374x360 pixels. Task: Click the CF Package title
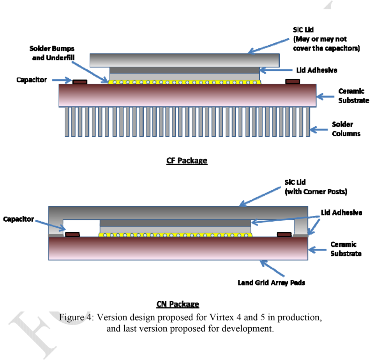tap(187, 161)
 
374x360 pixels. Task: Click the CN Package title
tap(178, 304)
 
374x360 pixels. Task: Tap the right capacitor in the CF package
tap(292, 81)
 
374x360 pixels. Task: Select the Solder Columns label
tap(346, 129)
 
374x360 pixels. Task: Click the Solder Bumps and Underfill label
tap(52, 53)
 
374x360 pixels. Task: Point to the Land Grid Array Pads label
tap(271, 282)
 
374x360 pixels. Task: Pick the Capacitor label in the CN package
tap(19, 219)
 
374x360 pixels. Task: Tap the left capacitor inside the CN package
tap(72, 234)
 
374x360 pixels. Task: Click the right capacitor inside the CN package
tap(284, 234)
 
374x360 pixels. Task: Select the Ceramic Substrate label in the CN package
tap(346, 249)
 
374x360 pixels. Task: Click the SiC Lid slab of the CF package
tap(185, 60)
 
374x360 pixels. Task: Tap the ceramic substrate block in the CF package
tap(187, 95)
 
